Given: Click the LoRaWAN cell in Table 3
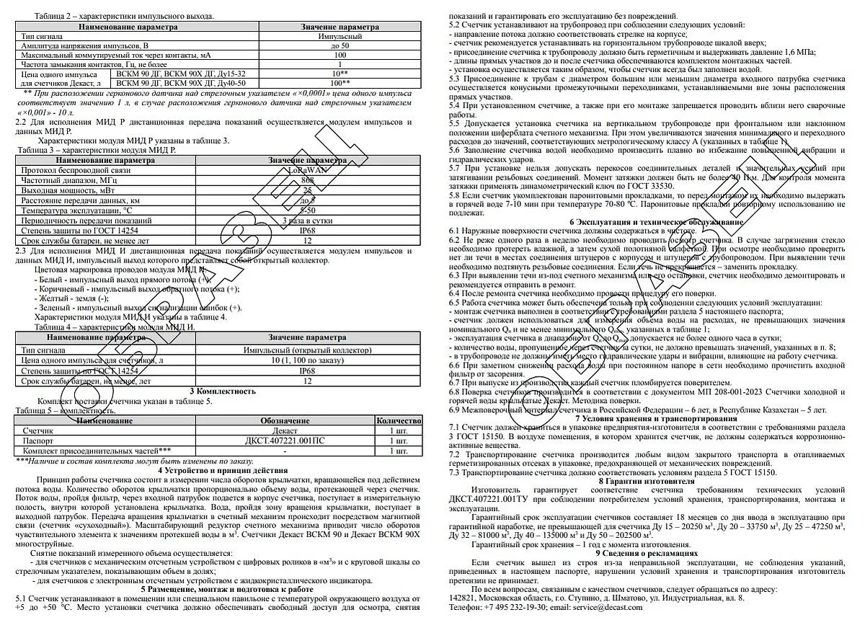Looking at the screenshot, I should coord(306,169).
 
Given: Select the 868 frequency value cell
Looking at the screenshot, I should coord(306,180).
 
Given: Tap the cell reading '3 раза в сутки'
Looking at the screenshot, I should coord(306,220).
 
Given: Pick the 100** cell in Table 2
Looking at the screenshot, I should coord(340,84).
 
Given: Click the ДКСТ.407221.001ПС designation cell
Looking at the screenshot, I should coord(285,440).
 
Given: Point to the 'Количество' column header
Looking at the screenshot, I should coord(399,420).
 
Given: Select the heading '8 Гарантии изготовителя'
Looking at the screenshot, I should coord(646,480).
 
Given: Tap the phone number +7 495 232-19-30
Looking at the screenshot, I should coord(519,607).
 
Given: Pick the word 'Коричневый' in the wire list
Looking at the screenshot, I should coord(63,288).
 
